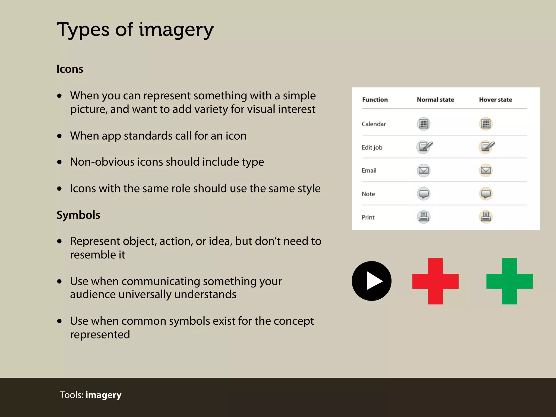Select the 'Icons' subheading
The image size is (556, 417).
coord(70,69)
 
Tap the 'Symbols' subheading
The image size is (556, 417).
coord(78,215)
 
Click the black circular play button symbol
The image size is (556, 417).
coord(371,281)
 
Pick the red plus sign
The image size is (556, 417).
coord(435,281)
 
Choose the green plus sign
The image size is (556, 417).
coord(509,281)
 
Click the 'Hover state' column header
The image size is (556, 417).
coord(495,100)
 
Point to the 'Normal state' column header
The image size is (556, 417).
coord(435,100)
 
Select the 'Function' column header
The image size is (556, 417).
coord(375,100)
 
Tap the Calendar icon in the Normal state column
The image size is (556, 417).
coord(423,124)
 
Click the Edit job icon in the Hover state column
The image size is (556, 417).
coord(486,147)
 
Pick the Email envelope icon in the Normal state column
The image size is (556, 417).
coord(423,170)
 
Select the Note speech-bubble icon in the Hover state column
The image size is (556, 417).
coord(486,194)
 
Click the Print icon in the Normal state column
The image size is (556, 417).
coord(423,217)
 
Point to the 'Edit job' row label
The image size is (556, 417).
coord(372,147)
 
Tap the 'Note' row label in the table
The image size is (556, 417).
coord(368,194)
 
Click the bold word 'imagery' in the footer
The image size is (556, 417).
coord(103,395)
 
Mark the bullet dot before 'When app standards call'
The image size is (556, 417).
coord(59,136)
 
